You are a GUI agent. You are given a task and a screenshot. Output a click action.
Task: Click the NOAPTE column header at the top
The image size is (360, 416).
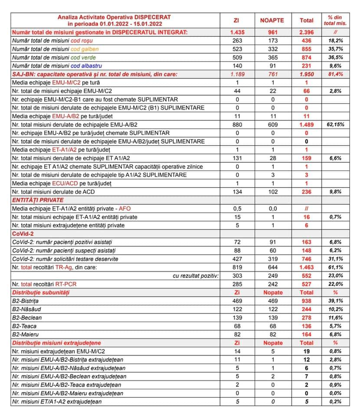coord(272,20)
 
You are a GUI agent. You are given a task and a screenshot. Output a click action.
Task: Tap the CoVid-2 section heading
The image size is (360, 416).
coord(24,234)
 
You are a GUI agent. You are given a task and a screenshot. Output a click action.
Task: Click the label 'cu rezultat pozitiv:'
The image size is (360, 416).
coord(196,276)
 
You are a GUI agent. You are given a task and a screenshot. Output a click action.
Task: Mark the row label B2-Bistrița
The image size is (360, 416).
coord(26,301)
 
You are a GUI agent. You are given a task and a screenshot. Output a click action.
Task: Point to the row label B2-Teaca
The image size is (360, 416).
coord(24,326)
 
